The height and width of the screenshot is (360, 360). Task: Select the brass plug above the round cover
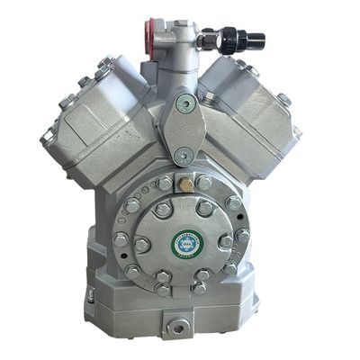click(185, 185)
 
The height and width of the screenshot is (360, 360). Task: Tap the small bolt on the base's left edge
click(91, 294)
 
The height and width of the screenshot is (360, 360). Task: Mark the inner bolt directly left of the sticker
click(143, 243)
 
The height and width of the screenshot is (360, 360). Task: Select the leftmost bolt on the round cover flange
click(120, 239)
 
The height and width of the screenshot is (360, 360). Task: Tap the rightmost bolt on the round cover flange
click(242, 236)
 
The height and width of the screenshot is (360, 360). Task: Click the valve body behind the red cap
click(180, 45)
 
